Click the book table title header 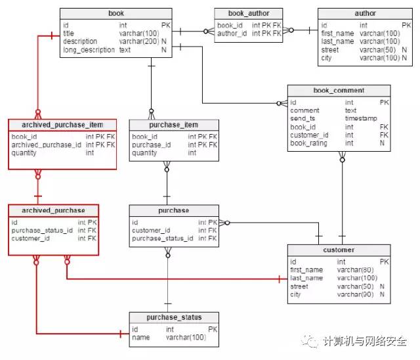pos(116,13)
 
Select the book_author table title pos(249,13)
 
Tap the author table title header pos(365,13)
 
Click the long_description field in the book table pos(89,50)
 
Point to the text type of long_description pos(125,50)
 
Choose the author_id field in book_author pos(232,34)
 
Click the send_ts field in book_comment pos(303,118)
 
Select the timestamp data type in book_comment pos(361,118)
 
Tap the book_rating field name pos(308,143)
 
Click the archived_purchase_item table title pos(62,125)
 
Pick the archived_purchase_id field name pos(47,145)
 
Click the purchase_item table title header pos(173,125)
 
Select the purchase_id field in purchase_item pos(152,145)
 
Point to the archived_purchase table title pos(53,210)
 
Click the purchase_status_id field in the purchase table pos(163,238)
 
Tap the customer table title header pos(339,250)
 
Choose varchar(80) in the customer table pos(355,270)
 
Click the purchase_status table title pos(174,317)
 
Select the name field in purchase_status pos(140,337)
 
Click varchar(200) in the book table pos(138,41)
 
